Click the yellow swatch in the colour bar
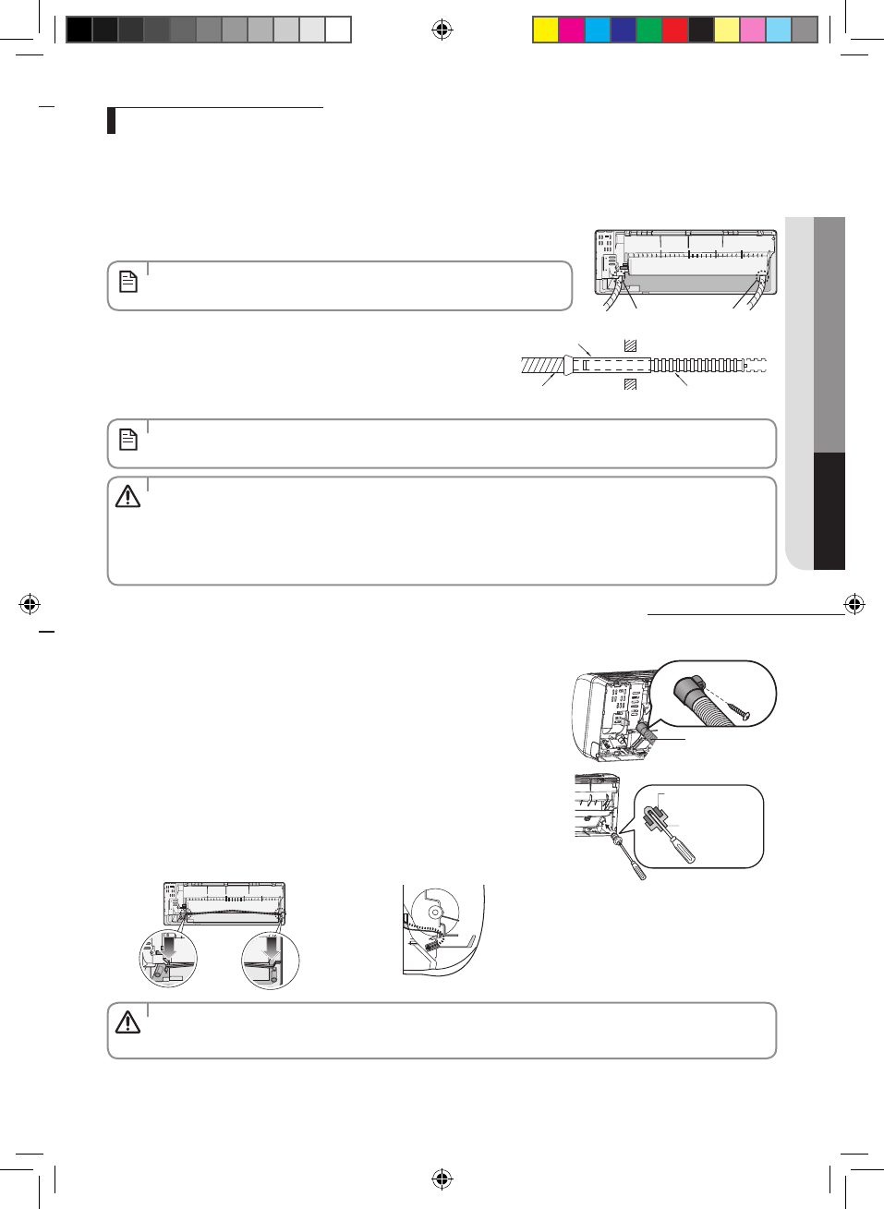tap(546, 30)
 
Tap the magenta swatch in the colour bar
tap(572, 30)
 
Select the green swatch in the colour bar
tap(649, 30)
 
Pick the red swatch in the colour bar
tap(675, 30)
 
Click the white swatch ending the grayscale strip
tap(338, 30)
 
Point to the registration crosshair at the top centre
tap(442, 30)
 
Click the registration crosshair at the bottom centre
tap(442, 1179)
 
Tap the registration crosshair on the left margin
tap(29, 605)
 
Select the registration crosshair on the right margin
tap(854, 605)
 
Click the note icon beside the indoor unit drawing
tap(128, 282)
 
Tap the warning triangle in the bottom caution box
tap(127, 1022)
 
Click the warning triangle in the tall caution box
tap(127, 497)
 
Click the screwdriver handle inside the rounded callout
tap(684, 848)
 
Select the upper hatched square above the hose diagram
tap(630, 345)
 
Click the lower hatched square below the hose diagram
tap(630, 384)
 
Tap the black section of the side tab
tap(830, 511)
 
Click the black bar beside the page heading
tap(111, 121)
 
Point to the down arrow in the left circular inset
tap(168, 947)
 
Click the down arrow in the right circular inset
tap(271, 947)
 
